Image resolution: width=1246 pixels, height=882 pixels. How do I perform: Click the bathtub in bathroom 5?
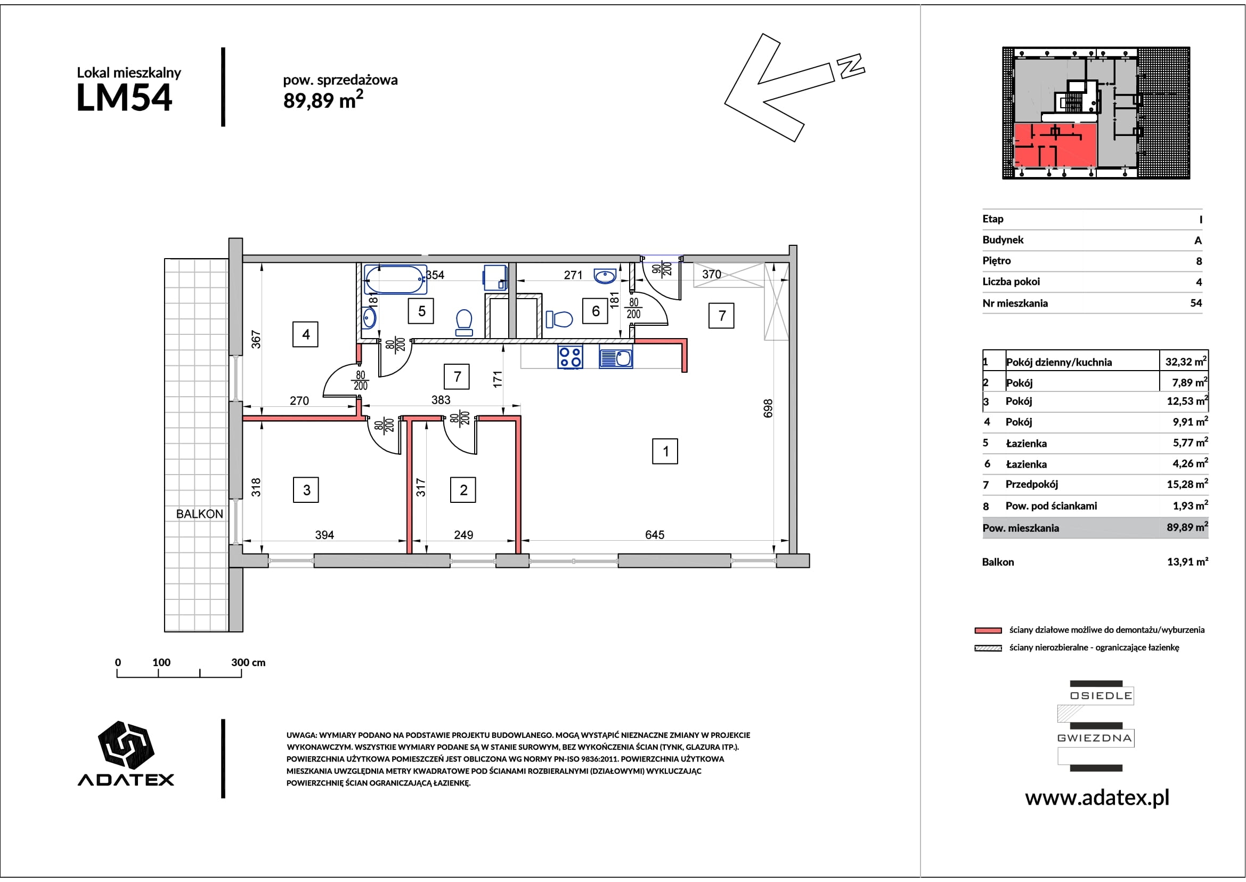tap(396, 279)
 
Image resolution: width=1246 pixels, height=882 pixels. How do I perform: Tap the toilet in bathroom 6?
tap(559, 319)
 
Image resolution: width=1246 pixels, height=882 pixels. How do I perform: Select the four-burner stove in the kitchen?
tap(571, 357)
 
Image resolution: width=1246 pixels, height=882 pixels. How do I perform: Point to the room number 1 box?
tap(665, 451)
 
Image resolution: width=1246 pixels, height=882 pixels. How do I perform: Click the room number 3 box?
tap(306, 490)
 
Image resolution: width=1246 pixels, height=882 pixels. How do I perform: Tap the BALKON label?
tap(200, 514)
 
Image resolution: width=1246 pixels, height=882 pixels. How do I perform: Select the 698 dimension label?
tap(768, 408)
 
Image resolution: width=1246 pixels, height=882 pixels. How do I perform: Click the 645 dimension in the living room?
tap(655, 535)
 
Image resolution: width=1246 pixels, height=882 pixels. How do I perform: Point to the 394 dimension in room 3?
tap(324, 535)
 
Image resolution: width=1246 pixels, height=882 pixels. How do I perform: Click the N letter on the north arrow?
tap(850, 66)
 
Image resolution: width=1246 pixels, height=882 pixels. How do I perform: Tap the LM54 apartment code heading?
tap(124, 98)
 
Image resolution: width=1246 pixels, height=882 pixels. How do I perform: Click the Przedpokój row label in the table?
tap(1032, 484)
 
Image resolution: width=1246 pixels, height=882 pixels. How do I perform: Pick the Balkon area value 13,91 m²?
tap(1187, 562)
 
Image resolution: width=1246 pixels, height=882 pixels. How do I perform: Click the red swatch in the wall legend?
tap(988, 630)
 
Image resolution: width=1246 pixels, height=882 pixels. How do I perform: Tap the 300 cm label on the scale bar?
tap(248, 662)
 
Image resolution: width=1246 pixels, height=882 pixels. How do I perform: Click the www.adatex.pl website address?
tap(1097, 797)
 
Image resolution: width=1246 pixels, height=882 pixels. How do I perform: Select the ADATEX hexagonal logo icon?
tap(126, 743)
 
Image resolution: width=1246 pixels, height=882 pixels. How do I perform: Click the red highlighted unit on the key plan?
tap(1055, 145)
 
